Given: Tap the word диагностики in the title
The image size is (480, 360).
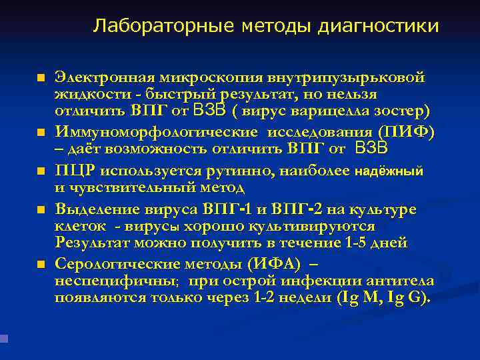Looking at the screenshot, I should tap(379, 26).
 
